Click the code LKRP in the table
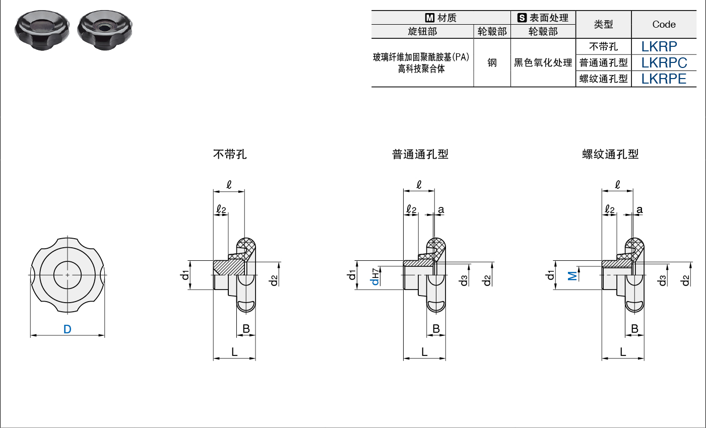coord(659,47)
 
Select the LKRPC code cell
coord(664,62)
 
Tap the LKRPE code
coord(664,79)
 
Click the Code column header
coord(664,24)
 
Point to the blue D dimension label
coord(67,329)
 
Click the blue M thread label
coord(572,276)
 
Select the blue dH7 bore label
coord(375,277)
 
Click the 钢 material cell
coord(492,62)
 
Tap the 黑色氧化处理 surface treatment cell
coord(543,62)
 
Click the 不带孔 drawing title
coord(230,154)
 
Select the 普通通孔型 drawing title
coord(420,154)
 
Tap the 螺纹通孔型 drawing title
coord(610,154)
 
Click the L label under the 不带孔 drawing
coord(234,352)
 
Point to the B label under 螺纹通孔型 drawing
coord(634,329)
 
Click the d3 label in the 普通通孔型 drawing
coord(464,280)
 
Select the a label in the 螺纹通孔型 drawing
coord(639,209)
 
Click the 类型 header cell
coord(603,24)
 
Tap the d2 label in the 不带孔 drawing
coord(274,280)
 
